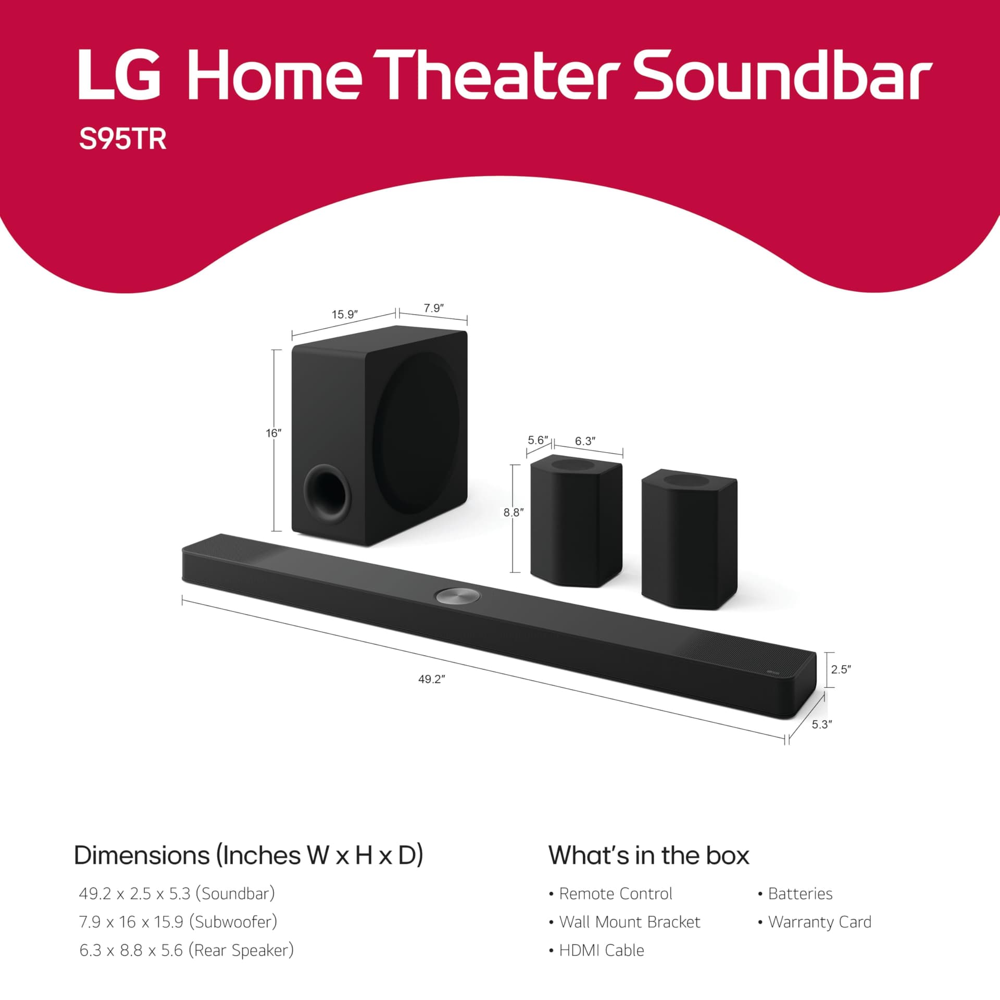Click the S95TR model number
[x=122, y=139]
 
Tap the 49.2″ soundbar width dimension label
[x=431, y=679]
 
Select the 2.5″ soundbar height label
[x=841, y=669]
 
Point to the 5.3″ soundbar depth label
[x=821, y=724]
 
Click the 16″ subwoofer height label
[x=273, y=433]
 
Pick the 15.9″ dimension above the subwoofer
[x=344, y=315]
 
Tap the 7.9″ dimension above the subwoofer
[x=433, y=308]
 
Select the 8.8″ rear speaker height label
[x=514, y=512]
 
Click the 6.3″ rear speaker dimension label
[x=585, y=441]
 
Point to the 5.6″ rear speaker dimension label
[x=538, y=440]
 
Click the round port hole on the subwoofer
[x=327, y=493]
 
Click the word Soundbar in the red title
[x=782, y=76]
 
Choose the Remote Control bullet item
[x=615, y=894]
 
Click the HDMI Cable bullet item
[x=601, y=951]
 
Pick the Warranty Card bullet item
[x=819, y=922]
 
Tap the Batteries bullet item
[x=800, y=894]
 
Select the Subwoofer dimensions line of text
[x=178, y=922]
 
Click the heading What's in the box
[x=648, y=856]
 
